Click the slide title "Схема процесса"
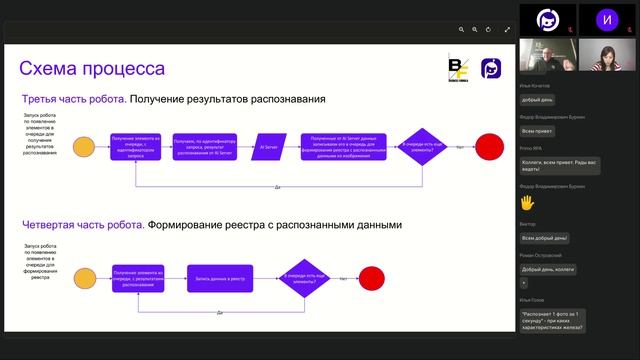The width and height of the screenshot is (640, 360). coord(93,69)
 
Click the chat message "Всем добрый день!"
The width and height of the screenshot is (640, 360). coord(545,238)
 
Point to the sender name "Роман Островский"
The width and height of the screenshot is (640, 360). coord(542,256)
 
